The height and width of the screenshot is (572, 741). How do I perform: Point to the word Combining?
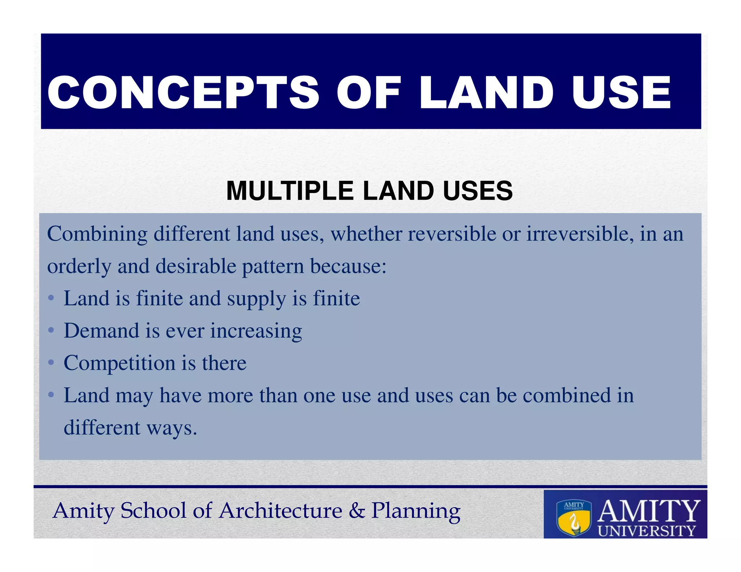97,234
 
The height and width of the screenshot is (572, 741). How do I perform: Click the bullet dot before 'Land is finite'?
51,299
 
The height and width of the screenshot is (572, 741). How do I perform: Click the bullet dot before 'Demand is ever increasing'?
51,330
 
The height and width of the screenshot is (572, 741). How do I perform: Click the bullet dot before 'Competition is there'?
51,363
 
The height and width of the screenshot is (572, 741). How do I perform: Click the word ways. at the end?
172,428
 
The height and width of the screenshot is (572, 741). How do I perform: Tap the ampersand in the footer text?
357,511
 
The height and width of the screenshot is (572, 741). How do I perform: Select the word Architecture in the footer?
281,511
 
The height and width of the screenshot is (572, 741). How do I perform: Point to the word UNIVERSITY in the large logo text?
647,531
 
